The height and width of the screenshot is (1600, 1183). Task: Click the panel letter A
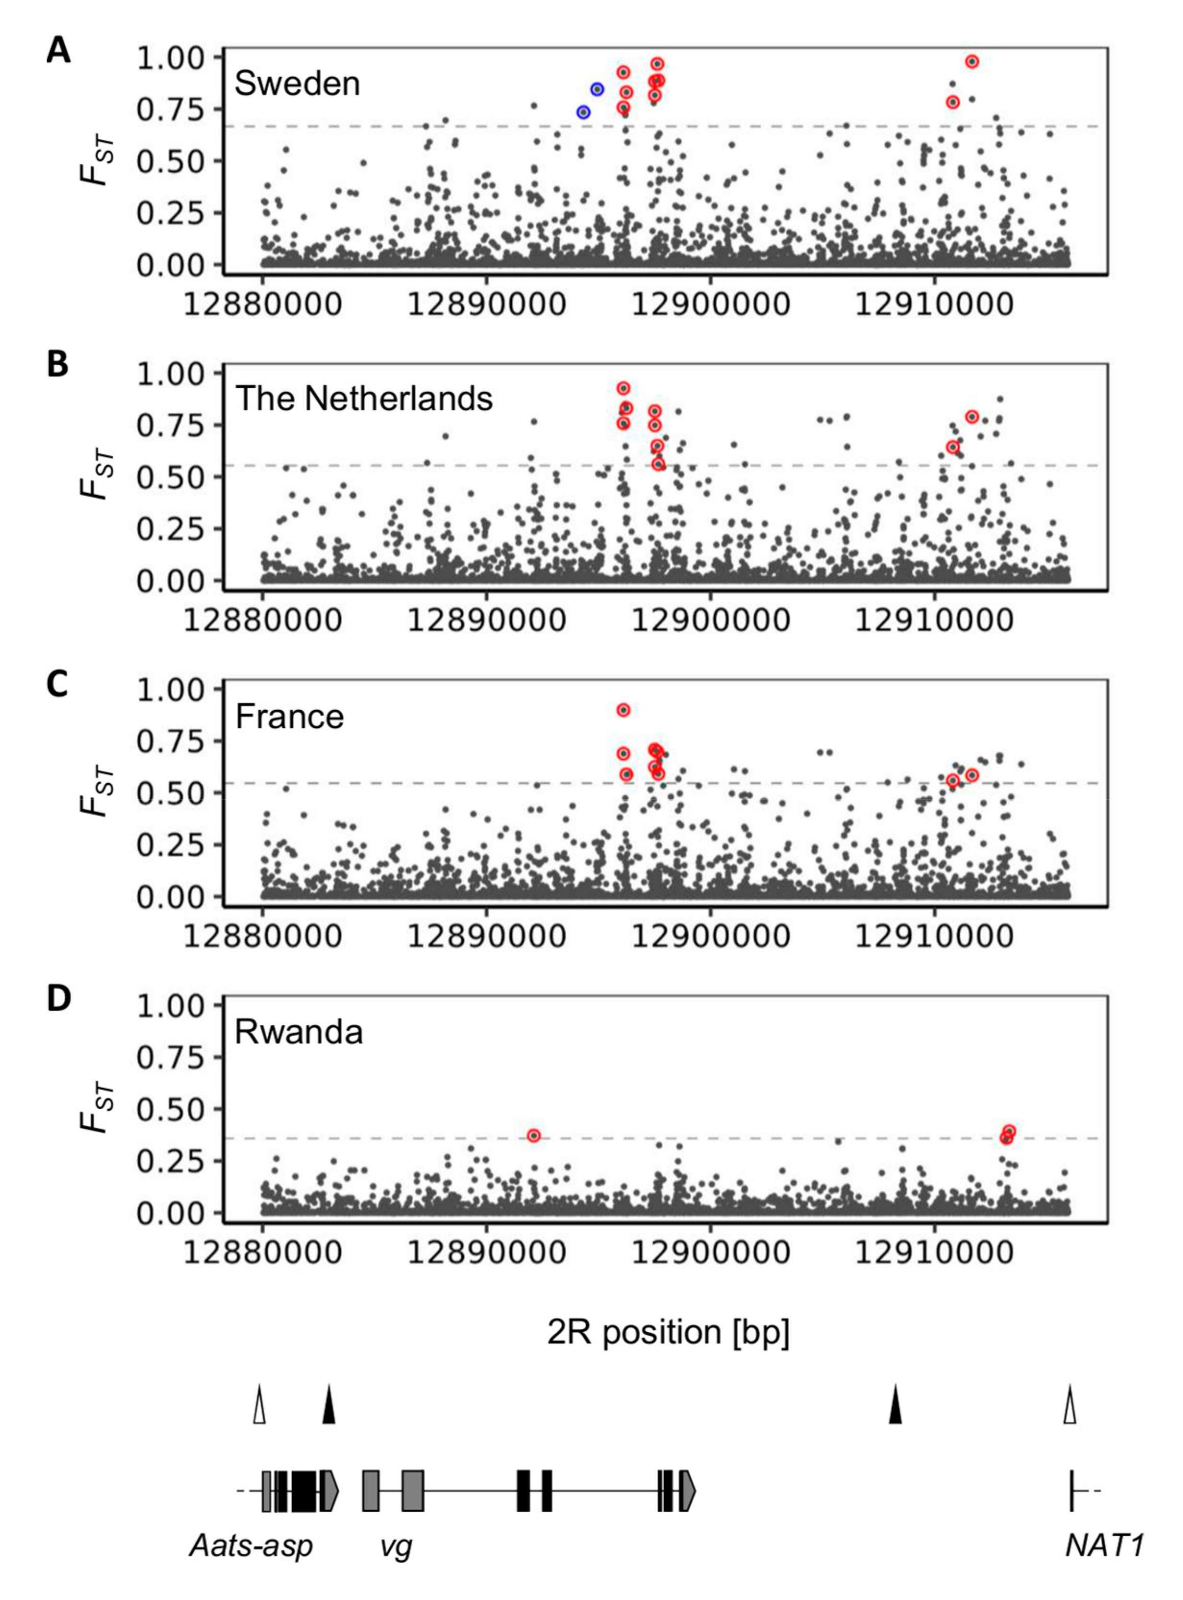[58, 52]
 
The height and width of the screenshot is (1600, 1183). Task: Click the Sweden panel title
[297, 84]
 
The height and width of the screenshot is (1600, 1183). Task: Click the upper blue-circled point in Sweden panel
[597, 89]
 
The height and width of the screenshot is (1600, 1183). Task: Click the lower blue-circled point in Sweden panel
[584, 112]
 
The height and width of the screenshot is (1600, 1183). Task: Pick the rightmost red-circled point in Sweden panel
[972, 62]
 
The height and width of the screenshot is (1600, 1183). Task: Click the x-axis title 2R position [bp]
[668, 1333]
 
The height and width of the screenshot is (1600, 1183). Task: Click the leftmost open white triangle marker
[259, 1405]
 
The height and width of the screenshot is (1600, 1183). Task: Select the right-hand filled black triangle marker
[895, 1405]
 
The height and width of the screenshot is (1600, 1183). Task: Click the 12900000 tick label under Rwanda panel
[711, 1253]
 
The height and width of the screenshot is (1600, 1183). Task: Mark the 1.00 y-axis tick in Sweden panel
[171, 57]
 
